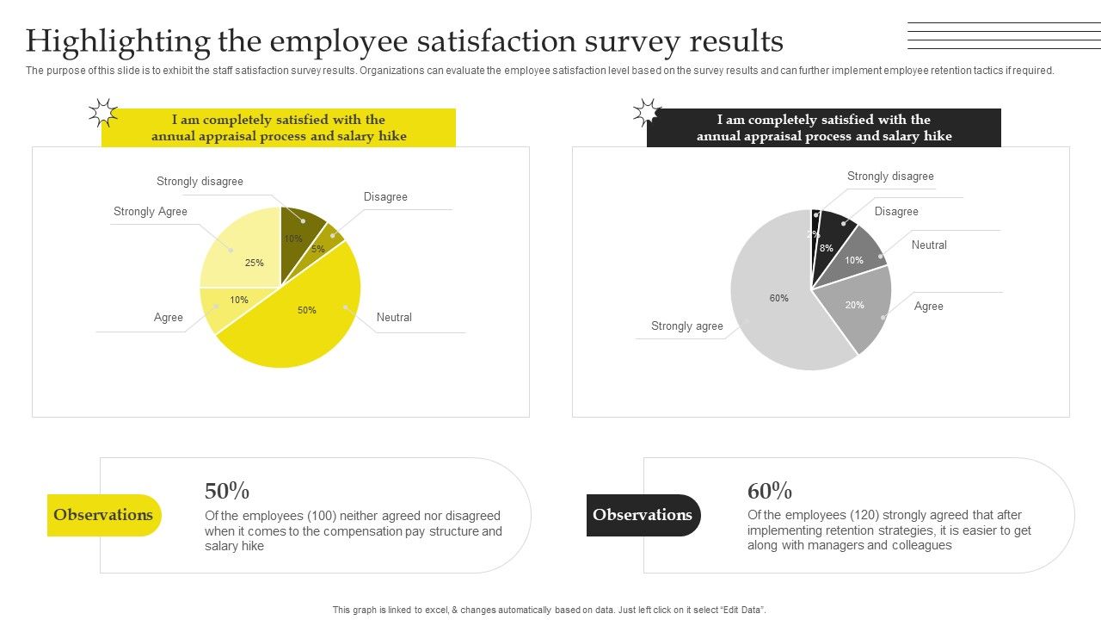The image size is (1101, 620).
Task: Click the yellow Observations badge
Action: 104,515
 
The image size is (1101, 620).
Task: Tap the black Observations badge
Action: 643,515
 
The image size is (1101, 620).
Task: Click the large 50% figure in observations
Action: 227,491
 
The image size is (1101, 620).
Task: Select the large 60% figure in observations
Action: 770,491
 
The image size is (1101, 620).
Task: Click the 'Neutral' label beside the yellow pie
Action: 394,318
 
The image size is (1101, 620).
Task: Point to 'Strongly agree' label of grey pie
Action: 686,326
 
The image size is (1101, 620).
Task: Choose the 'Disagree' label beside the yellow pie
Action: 385,197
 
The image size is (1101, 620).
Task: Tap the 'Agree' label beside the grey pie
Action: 928,307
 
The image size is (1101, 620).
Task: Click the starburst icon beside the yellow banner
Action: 102,113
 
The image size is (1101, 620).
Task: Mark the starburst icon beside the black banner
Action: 647,113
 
